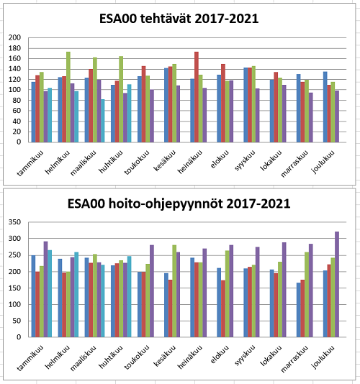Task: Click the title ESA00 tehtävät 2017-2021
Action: click(x=179, y=19)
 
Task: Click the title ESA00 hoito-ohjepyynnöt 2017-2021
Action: click(x=179, y=204)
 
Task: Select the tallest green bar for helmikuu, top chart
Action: click(x=68, y=97)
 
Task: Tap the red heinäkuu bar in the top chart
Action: click(x=197, y=97)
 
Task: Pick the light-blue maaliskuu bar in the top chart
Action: click(x=102, y=121)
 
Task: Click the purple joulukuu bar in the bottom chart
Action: click(x=337, y=284)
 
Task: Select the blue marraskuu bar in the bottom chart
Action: click(x=299, y=310)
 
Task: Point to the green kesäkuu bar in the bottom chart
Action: click(x=174, y=291)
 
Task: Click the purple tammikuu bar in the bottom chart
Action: click(x=45, y=289)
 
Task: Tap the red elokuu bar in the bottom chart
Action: click(x=223, y=308)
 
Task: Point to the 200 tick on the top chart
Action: click(x=14, y=37)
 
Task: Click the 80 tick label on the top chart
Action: click(x=17, y=101)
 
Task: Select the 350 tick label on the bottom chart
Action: click(x=14, y=222)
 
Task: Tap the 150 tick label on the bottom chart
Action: click(x=14, y=288)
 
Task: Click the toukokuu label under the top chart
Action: click(x=137, y=163)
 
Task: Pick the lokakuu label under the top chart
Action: click(x=271, y=160)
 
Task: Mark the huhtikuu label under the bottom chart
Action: click(x=111, y=357)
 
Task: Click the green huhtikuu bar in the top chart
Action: click(x=121, y=99)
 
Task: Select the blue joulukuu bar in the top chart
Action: click(x=325, y=107)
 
